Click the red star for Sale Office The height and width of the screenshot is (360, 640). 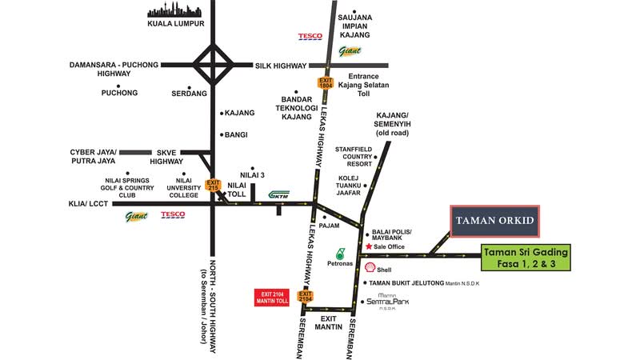click(x=369, y=246)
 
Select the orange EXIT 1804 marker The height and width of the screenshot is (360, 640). click(x=325, y=83)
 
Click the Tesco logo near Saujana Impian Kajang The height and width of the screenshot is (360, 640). click(x=310, y=36)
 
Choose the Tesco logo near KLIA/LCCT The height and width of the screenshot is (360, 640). click(x=173, y=214)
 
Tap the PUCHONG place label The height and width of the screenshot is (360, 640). click(x=120, y=93)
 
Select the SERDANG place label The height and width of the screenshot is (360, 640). click(x=189, y=93)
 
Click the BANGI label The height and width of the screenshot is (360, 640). click(x=236, y=134)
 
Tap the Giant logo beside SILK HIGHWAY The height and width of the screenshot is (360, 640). click(x=350, y=52)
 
